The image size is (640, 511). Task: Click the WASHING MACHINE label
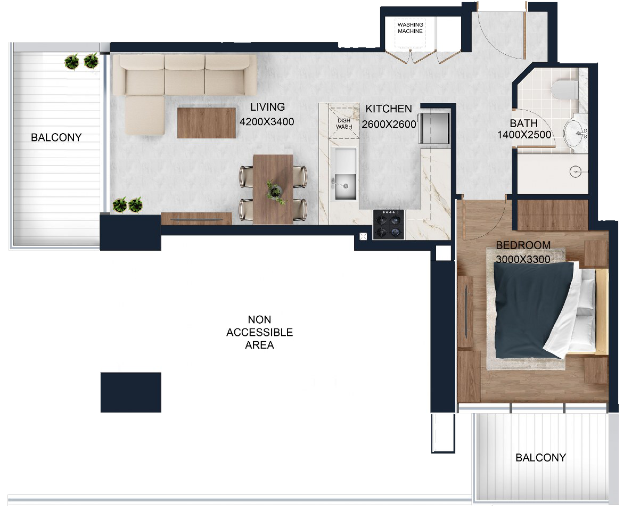tap(410, 28)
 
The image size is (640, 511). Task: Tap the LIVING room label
tap(267, 107)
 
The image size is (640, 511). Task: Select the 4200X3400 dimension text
tap(267, 122)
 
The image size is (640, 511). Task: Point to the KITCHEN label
tap(389, 109)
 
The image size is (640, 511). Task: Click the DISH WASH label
tap(344, 123)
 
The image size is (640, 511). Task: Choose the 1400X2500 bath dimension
tap(524, 135)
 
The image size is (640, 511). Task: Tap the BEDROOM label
tap(523, 245)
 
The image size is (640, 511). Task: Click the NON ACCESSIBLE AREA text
tap(260, 332)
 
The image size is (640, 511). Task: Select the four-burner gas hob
tap(389, 225)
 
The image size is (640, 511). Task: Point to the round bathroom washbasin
tap(576, 133)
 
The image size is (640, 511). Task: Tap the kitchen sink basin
tap(345, 187)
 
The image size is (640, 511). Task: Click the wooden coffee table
tap(207, 123)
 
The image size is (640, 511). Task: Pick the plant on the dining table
tap(275, 192)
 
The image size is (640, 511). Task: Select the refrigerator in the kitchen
tap(433, 128)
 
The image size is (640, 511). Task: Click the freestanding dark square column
tap(131, 392)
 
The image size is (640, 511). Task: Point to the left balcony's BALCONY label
tap(56, 137)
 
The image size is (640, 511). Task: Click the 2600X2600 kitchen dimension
tap(389, 124)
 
